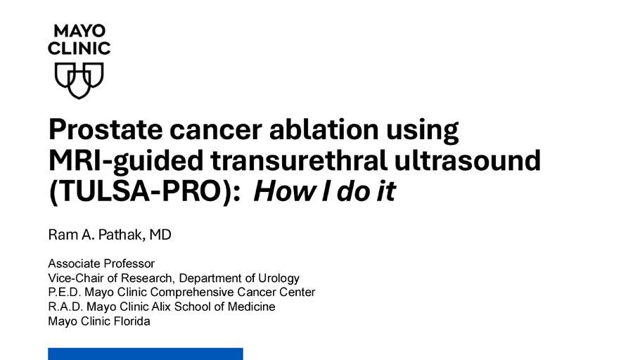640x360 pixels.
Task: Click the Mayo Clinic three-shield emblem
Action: pyautogui.click(x=79, y=80)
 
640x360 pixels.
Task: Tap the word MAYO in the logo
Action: pyautogui.click(x=79, y=31)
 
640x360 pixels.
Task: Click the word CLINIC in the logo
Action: pyautogui.click(x=79, y=49)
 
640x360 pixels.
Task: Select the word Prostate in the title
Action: pyautogui.click(x=105, y=130)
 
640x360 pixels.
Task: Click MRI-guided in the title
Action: pyautogui.click(x=126, y=161)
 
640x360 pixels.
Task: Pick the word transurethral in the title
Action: pyautogui.click(x=299, y=160)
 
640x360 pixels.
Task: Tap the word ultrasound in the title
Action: pyautogui.click(x=468, y=160)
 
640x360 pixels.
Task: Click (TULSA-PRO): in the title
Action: pyautogui.click(x=145, y=191)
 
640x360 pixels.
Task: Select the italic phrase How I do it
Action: pyautogui.click(x=324, y=191)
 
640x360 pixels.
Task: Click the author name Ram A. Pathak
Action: pyautogui.click(x=96, y=235)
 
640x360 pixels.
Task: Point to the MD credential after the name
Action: pyautogui.click(x=160, y=235)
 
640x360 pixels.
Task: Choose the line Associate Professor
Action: pyautogui.click(x=101, y=264)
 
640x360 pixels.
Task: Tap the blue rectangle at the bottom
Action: pyautogui.click(x=146, y=354)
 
